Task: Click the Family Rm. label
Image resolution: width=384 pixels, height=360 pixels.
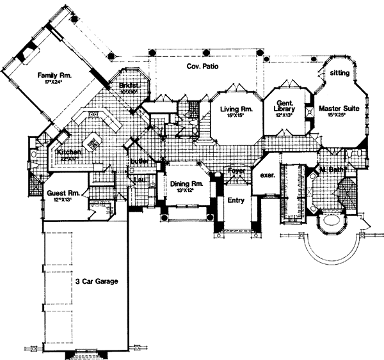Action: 58,75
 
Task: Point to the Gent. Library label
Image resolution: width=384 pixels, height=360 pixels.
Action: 285,106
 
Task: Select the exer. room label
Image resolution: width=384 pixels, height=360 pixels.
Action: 267,175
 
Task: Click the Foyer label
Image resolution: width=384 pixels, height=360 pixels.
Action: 238,171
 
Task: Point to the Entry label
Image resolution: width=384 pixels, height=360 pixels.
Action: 236,200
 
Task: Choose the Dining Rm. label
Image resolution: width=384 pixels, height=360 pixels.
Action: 186,184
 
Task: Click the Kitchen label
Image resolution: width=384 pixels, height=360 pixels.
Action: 68,153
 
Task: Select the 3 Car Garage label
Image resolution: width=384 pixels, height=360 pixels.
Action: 94,280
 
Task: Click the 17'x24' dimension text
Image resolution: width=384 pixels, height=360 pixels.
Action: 57,82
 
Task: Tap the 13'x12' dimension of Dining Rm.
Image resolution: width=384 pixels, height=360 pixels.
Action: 186,191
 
